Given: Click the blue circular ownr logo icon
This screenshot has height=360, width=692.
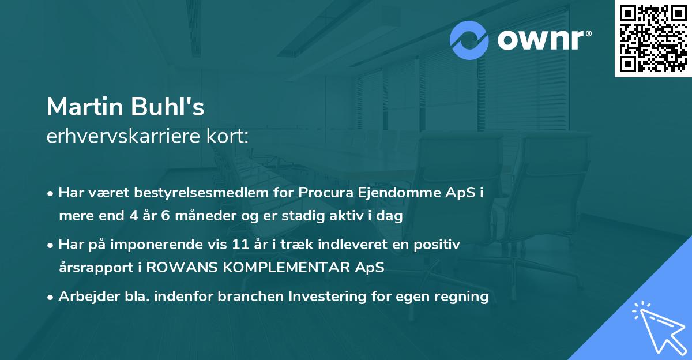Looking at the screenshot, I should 469,40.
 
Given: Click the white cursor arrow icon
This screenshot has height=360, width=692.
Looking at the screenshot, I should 657,326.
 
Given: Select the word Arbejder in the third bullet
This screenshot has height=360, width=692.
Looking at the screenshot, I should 85,297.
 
